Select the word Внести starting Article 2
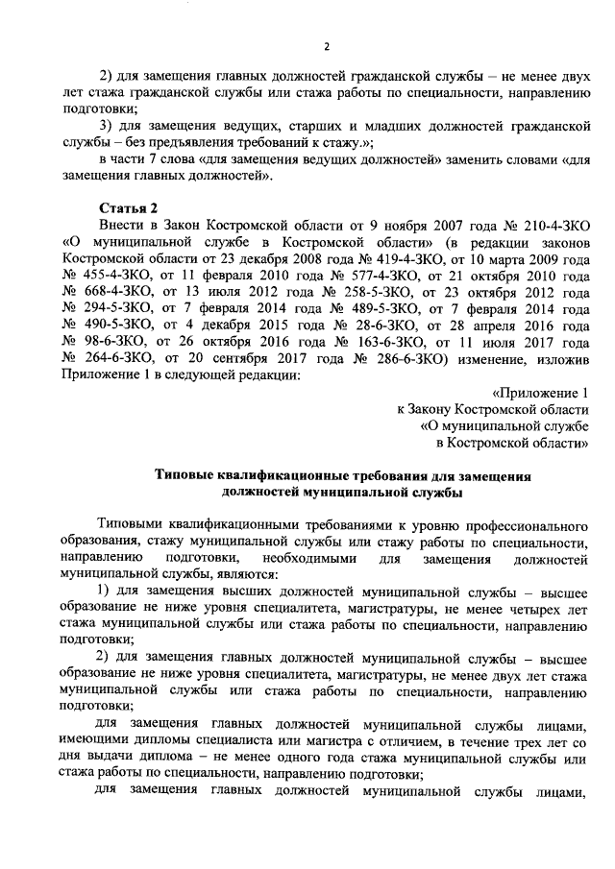tap(120, 225)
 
